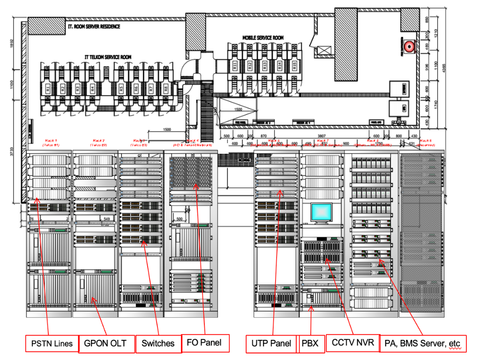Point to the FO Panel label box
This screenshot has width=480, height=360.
(x=205, y=343)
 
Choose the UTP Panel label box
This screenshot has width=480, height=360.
(x=271, y=343)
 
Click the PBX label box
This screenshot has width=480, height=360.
(x=310, y=344)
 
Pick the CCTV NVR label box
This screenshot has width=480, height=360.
(x=352, y=343)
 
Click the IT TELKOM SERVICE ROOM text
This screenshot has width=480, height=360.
(x=108, y=57)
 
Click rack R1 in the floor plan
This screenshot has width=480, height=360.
(x=48, y=88)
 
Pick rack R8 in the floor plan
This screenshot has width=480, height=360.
(x=166, y=88)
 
